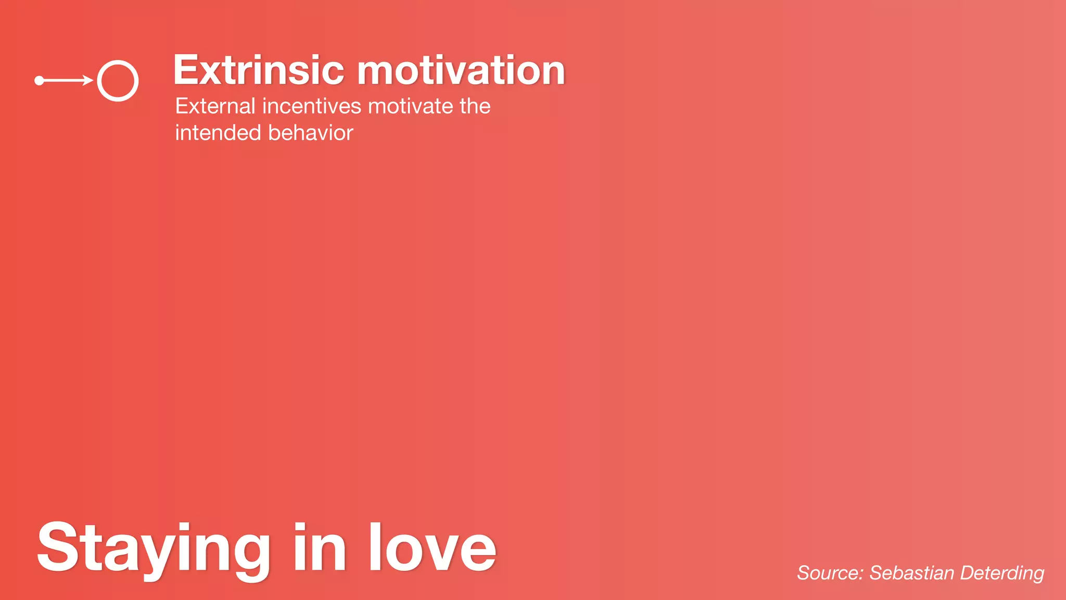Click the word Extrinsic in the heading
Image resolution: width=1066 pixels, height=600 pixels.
[x=259, y=70]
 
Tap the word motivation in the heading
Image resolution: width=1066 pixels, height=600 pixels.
[x=461, y=70]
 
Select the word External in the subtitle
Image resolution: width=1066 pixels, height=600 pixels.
[x=215, y=106]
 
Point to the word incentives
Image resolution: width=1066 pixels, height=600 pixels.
[x=312, y=106]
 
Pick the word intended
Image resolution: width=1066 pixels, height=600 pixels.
[x=218, y=133]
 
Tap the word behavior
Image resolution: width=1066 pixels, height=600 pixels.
[x=311, y=133]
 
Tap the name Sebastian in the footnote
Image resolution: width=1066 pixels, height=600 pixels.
[x=912, y=573]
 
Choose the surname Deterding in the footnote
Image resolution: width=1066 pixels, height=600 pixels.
[x=1002, y=573]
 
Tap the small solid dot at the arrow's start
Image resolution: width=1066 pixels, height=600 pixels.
[x=39, y=80]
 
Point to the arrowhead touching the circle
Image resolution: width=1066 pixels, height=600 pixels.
[x=88, y=80]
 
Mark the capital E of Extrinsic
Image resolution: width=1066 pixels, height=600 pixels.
[x=185, y=70]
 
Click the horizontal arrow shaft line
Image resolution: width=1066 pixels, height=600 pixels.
[x=62, y=80]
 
